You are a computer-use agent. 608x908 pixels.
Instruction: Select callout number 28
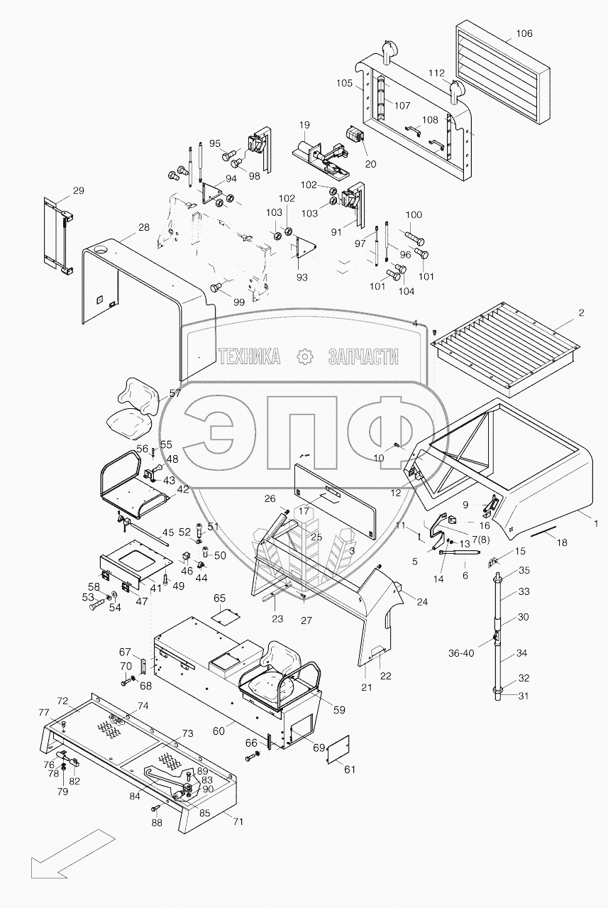point(144,227)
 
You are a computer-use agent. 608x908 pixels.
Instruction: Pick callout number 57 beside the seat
point(175,392)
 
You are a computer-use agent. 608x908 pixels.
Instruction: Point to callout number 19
point(304,126)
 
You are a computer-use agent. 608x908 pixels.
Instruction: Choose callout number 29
point(78,190)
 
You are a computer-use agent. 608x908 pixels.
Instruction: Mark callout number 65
point(219,598)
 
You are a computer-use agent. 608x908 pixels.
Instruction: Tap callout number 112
point(436,73)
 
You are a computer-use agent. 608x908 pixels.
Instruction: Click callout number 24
point(422,602)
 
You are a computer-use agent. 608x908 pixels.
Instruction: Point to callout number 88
point(157,823)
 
